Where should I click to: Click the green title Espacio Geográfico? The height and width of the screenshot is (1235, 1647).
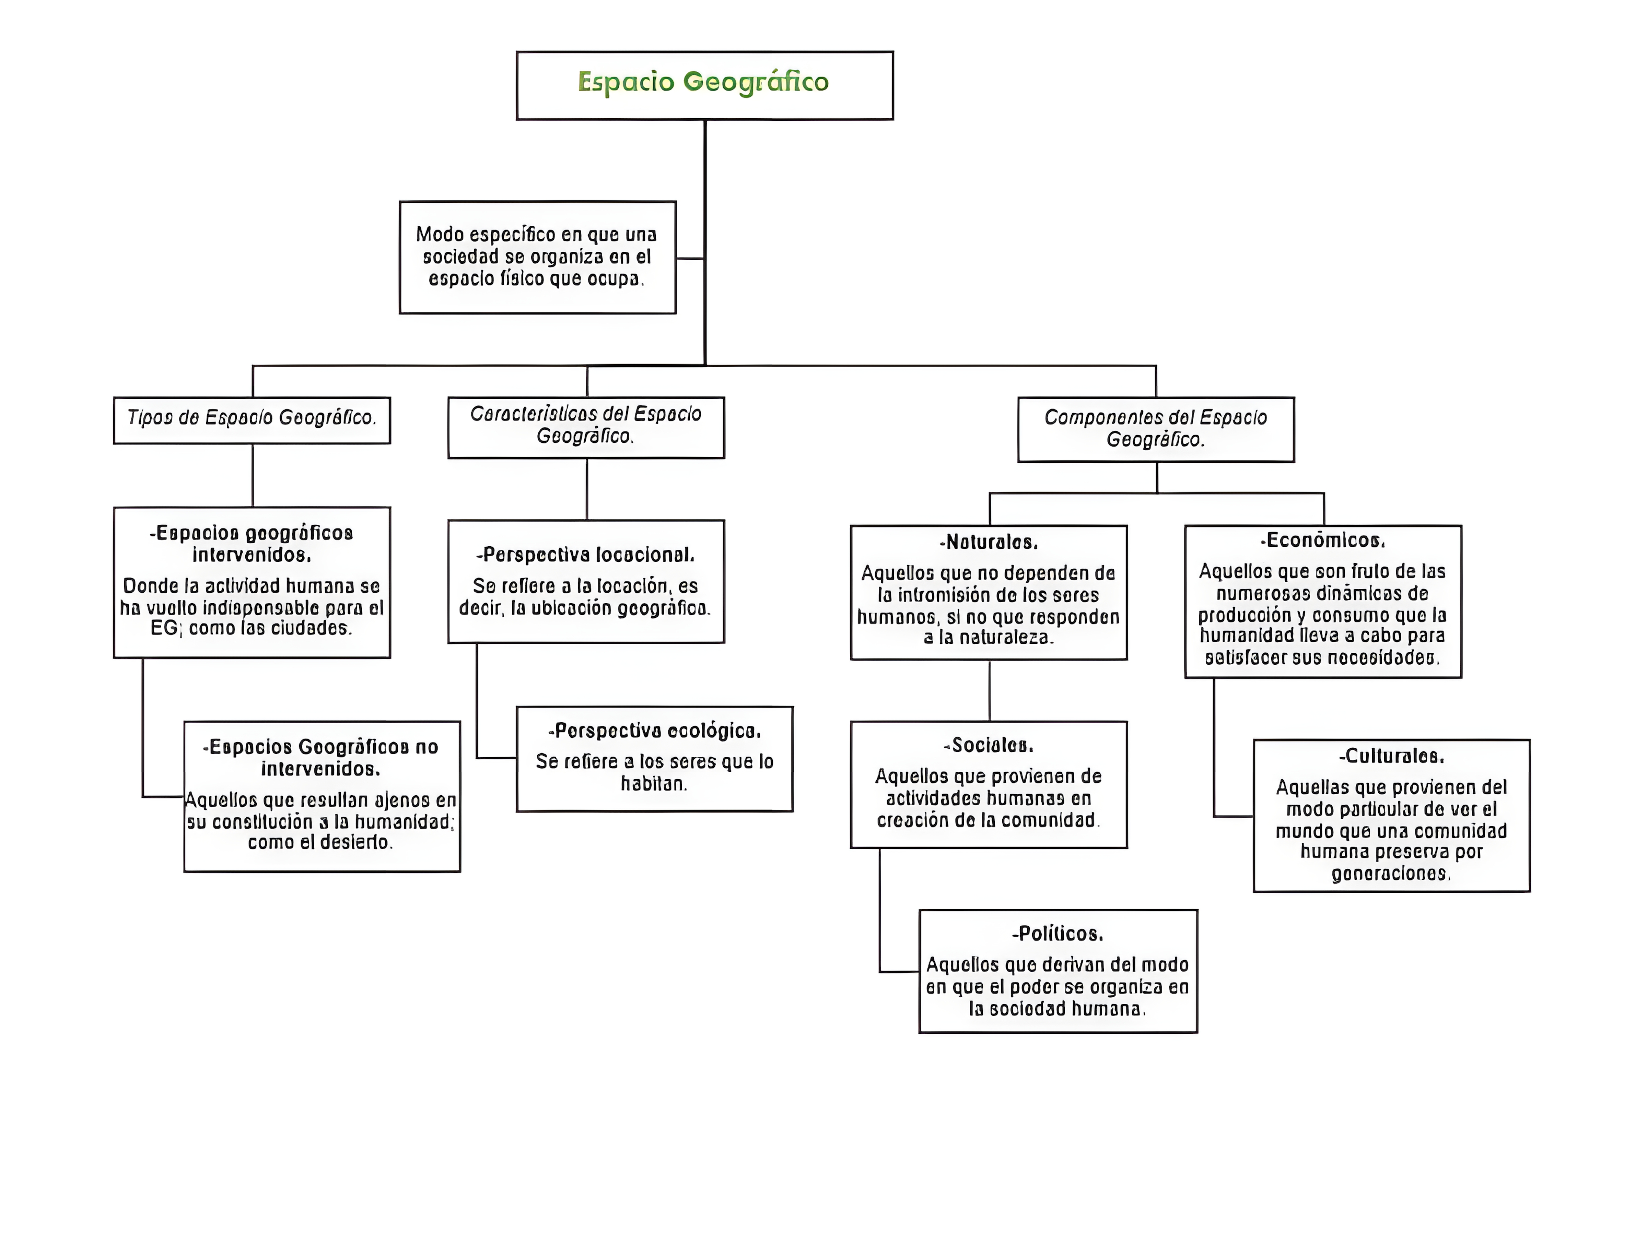click(703, 82)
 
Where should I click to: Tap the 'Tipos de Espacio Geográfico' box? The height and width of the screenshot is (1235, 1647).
click(252, 418)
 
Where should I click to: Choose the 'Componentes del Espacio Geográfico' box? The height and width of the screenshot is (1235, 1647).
click(1156, 429)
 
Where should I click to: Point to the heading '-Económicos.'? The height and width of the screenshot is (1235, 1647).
click(1322, 541)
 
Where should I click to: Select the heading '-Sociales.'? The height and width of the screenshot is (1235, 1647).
click(989, 745)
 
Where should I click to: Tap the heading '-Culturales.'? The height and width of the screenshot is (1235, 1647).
click(1391, 756)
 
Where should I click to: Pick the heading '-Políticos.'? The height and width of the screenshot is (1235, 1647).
click(1057, 934)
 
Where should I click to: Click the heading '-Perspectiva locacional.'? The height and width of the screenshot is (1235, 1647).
click(586, 555)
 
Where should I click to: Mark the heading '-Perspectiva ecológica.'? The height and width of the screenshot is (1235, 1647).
click(654, 731)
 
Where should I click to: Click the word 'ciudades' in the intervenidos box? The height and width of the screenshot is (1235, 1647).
click(313, 628)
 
